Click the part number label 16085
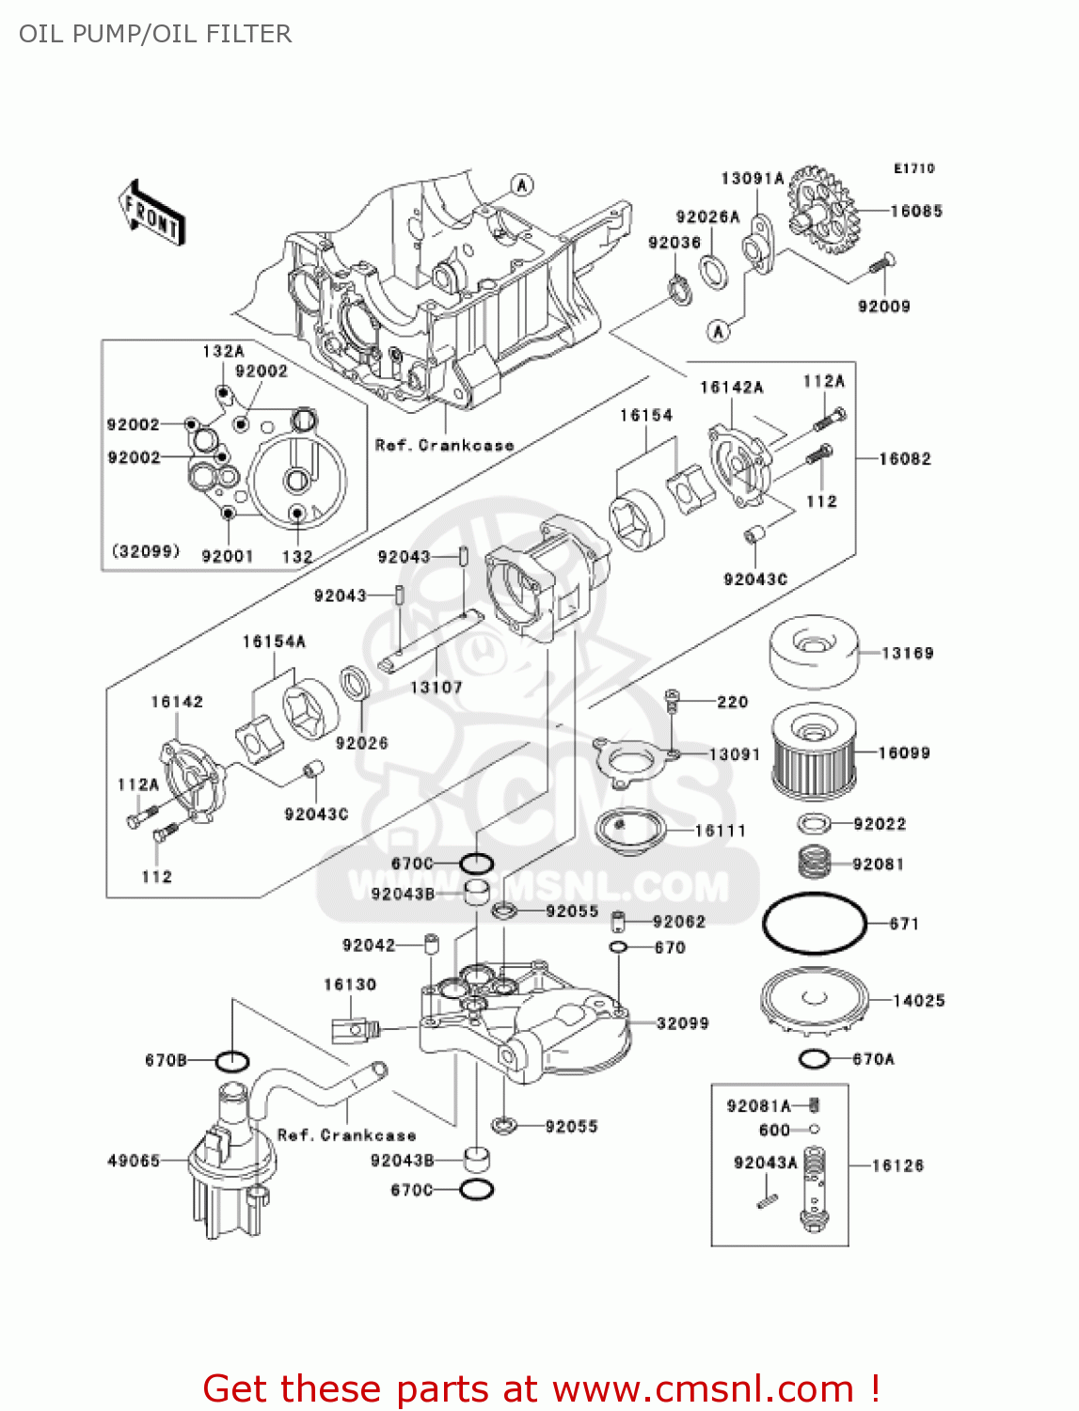pos(915,212)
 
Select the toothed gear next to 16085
pos(820,210)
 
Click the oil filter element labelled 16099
pos(813,752)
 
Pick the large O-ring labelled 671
pos(814,923)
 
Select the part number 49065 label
pos(134,1161)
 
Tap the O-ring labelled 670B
pos(232,1061)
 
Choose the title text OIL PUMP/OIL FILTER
pos(155,34)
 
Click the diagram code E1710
pos(913,168)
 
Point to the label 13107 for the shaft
pos(436,688)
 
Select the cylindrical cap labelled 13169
pos(813,651)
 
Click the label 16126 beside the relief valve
pos(897,1165)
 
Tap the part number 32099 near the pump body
pos(682,1023)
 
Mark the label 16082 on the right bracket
pos(904,459)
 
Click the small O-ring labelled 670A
pos(814,1059)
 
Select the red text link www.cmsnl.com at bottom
pos(703,1388)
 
